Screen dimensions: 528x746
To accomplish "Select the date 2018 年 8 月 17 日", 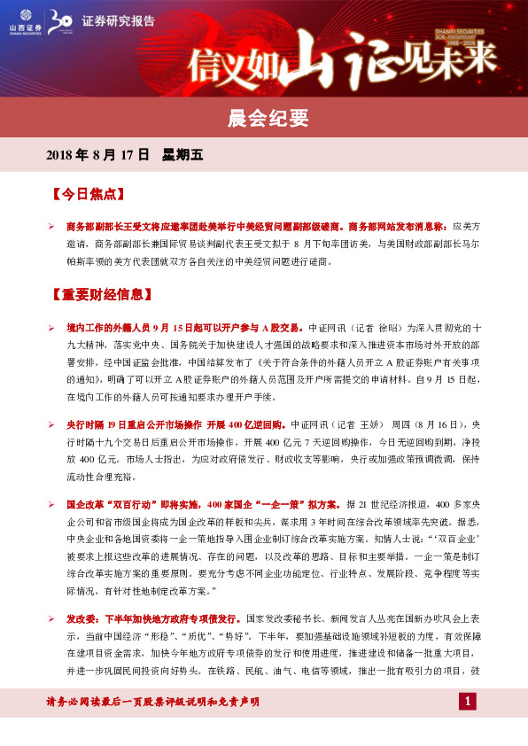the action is pos(98,155).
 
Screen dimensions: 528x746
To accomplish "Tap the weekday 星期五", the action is pos(182,155).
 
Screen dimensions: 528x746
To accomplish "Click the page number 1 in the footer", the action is pos(469,703).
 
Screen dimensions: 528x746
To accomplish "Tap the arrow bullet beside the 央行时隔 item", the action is pos(52,424).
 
